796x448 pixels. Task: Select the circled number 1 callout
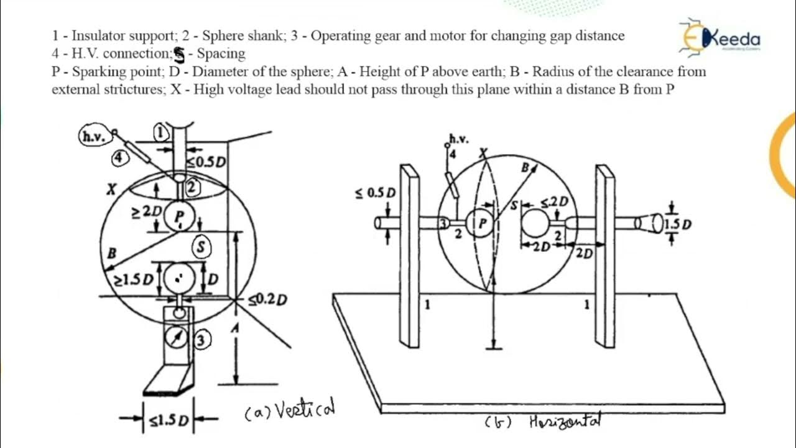160,133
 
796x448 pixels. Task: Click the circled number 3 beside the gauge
202,340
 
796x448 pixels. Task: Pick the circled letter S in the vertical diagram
201,247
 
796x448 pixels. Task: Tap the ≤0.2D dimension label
268,301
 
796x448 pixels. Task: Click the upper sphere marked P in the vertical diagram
180,216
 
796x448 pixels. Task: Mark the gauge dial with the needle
177,339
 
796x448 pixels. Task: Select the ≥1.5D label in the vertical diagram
133,279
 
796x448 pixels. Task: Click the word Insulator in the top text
102,35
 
